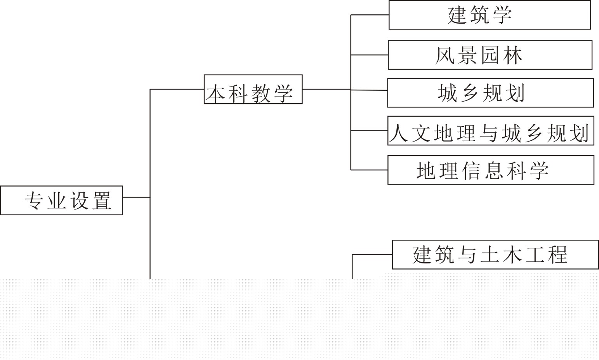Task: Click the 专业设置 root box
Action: click(61, 200)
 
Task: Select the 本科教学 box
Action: click(253, 89)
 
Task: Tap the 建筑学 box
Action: click(490, 15)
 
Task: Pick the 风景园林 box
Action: click(490, 55)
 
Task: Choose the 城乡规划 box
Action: click(490, 93)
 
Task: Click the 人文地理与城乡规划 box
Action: click(491, 131)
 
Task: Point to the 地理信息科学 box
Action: click(491, 170)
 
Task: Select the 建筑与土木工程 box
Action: click(495, 254)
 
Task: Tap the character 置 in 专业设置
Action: click(102, 201)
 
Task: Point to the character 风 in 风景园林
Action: click(445, 55)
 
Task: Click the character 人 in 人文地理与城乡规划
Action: click(399, 133)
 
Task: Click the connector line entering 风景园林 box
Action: click(369, 55)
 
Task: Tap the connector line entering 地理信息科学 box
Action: click(369, 170)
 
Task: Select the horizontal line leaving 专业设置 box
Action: click(136, 197)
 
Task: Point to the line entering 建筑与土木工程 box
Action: click(372, 254)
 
